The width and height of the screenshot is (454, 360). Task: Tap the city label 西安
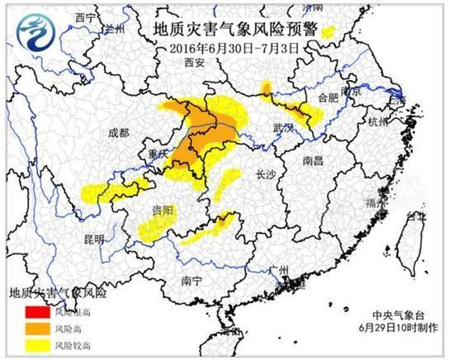point(195,63)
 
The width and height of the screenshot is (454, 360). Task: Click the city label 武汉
point(283,129)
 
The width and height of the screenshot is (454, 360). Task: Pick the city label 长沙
point(267,174)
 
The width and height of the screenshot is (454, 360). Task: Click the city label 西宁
point(84,17)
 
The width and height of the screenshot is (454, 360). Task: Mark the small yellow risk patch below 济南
point(329,32)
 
